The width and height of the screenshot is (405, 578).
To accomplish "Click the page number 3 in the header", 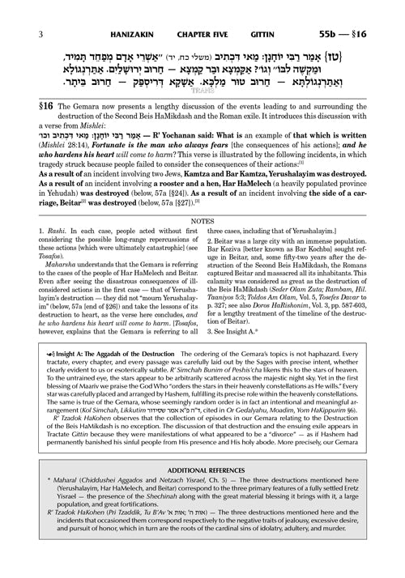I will [x=18, y=10].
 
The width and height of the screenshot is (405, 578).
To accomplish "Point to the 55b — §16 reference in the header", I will [x=362, y=10].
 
